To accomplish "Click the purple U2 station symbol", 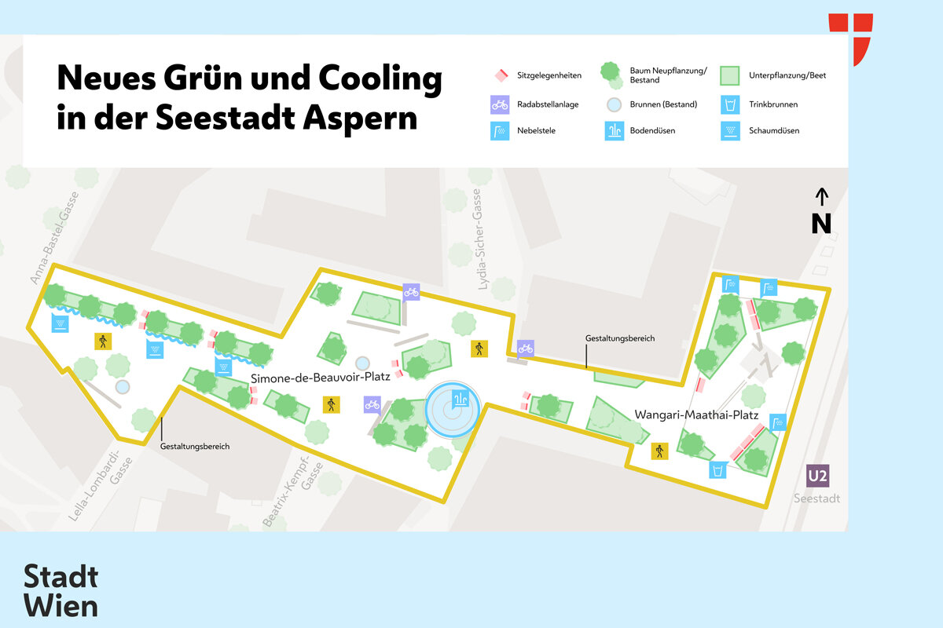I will (x=818, y=476).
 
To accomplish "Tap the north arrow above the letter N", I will (x=821, y=199).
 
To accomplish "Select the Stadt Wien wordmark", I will (x=61, y=591).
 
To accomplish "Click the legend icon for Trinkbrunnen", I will (x=730, y=104).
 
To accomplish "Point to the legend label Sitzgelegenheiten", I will (x=549, y=76).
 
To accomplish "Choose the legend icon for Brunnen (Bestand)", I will (x=615, y=104).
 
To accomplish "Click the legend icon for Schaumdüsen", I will (x=730, y=131).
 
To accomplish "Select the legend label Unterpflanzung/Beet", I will (x=787, y=76).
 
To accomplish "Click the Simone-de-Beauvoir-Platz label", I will (x=321, y=378).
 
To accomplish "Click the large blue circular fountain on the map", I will (x=453, y=410).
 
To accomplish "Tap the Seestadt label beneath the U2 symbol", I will (x=816, y=498).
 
